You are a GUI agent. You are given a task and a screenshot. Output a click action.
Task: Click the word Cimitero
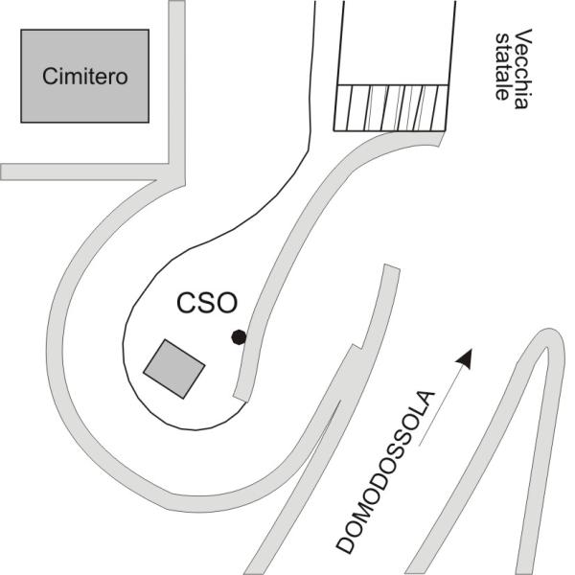(85, 77)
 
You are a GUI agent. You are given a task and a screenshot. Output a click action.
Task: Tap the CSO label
(207, 303)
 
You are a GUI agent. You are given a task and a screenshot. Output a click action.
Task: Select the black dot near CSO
(239, 337)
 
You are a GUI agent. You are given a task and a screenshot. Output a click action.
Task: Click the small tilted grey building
(174, 369)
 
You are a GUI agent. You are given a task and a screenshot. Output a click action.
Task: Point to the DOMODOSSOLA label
(386, 472)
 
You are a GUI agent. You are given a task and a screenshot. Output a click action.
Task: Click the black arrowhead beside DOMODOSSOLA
(465, 358)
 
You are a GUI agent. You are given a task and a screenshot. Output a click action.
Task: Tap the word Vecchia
(522, 69)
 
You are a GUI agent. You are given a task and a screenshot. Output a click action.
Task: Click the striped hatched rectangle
(391, 107)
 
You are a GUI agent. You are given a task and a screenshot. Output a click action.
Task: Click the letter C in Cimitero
(50, 77)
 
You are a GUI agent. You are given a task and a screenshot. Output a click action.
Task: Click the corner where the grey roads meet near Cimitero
(176, 172)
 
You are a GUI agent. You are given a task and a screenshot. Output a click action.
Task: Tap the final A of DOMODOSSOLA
(426, 399)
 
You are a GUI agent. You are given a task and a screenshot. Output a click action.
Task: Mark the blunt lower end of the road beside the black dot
(241, 399)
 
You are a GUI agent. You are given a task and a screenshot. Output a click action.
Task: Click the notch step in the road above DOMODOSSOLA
(357, 347)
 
